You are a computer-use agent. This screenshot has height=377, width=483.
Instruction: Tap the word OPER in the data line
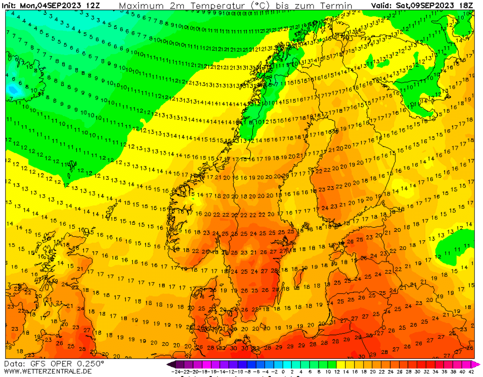[60, 363]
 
